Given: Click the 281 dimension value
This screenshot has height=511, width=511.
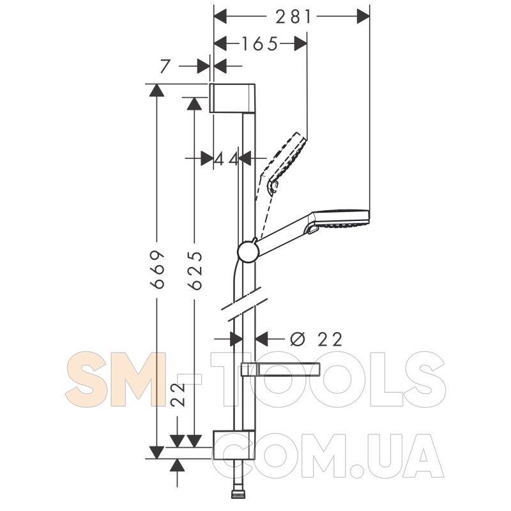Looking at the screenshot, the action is click(x=293, y=17).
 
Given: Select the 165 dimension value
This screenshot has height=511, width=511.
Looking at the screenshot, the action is click(x=260, y=43).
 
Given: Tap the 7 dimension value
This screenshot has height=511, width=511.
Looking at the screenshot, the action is click(x=165, y=66).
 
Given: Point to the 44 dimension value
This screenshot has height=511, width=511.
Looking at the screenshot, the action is click(x=227, y=159).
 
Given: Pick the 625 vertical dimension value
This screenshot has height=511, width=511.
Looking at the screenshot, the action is click(x=195, y=270).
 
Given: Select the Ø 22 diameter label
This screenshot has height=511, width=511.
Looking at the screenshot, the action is click(x=316, y=339).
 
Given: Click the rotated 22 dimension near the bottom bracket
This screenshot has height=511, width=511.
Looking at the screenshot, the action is click(x=179, y=395).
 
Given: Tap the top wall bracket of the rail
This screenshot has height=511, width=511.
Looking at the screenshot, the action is click(x=232, y=98).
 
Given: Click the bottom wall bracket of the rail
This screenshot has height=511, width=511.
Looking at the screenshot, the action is click(x=233, y=445).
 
